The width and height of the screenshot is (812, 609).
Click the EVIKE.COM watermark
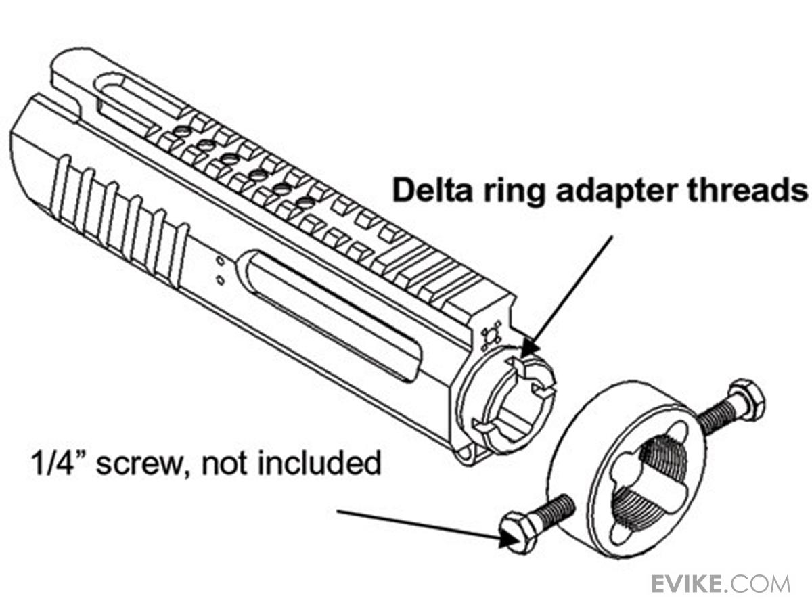[720, 583]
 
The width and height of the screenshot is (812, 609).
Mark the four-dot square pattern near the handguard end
[489, 336]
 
